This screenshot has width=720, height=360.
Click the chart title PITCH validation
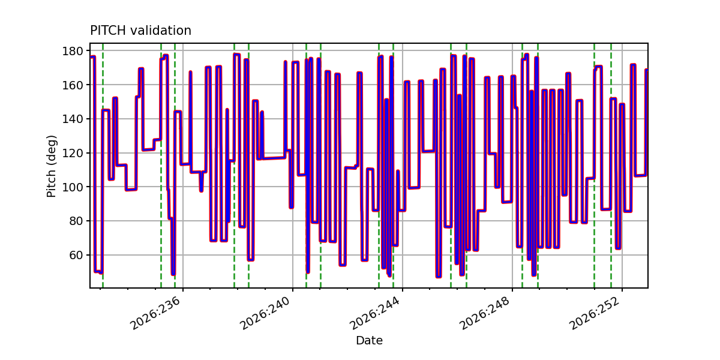(140, 31)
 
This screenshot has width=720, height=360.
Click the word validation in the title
(161, 31)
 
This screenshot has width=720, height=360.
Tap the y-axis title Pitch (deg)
(51, 166)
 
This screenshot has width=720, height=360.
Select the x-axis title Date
(370, 340)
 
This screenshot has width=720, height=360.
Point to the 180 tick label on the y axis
(73, 51)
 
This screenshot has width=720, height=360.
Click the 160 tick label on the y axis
(73, 85)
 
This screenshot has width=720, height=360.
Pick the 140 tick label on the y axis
(73, 119)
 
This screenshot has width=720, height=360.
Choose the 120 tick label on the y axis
(73, 153)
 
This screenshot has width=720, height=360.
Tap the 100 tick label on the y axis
(73, 187)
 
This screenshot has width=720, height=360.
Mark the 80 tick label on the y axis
(76, 221)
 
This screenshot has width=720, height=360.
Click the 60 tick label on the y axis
(76, 255)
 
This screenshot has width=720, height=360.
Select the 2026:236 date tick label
(156, 313)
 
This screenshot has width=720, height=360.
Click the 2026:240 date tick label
(266, 313)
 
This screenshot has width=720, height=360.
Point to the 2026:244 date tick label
(376, 313)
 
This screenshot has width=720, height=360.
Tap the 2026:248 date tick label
(485, 313)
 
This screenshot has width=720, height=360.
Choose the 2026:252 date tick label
(595, 313)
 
